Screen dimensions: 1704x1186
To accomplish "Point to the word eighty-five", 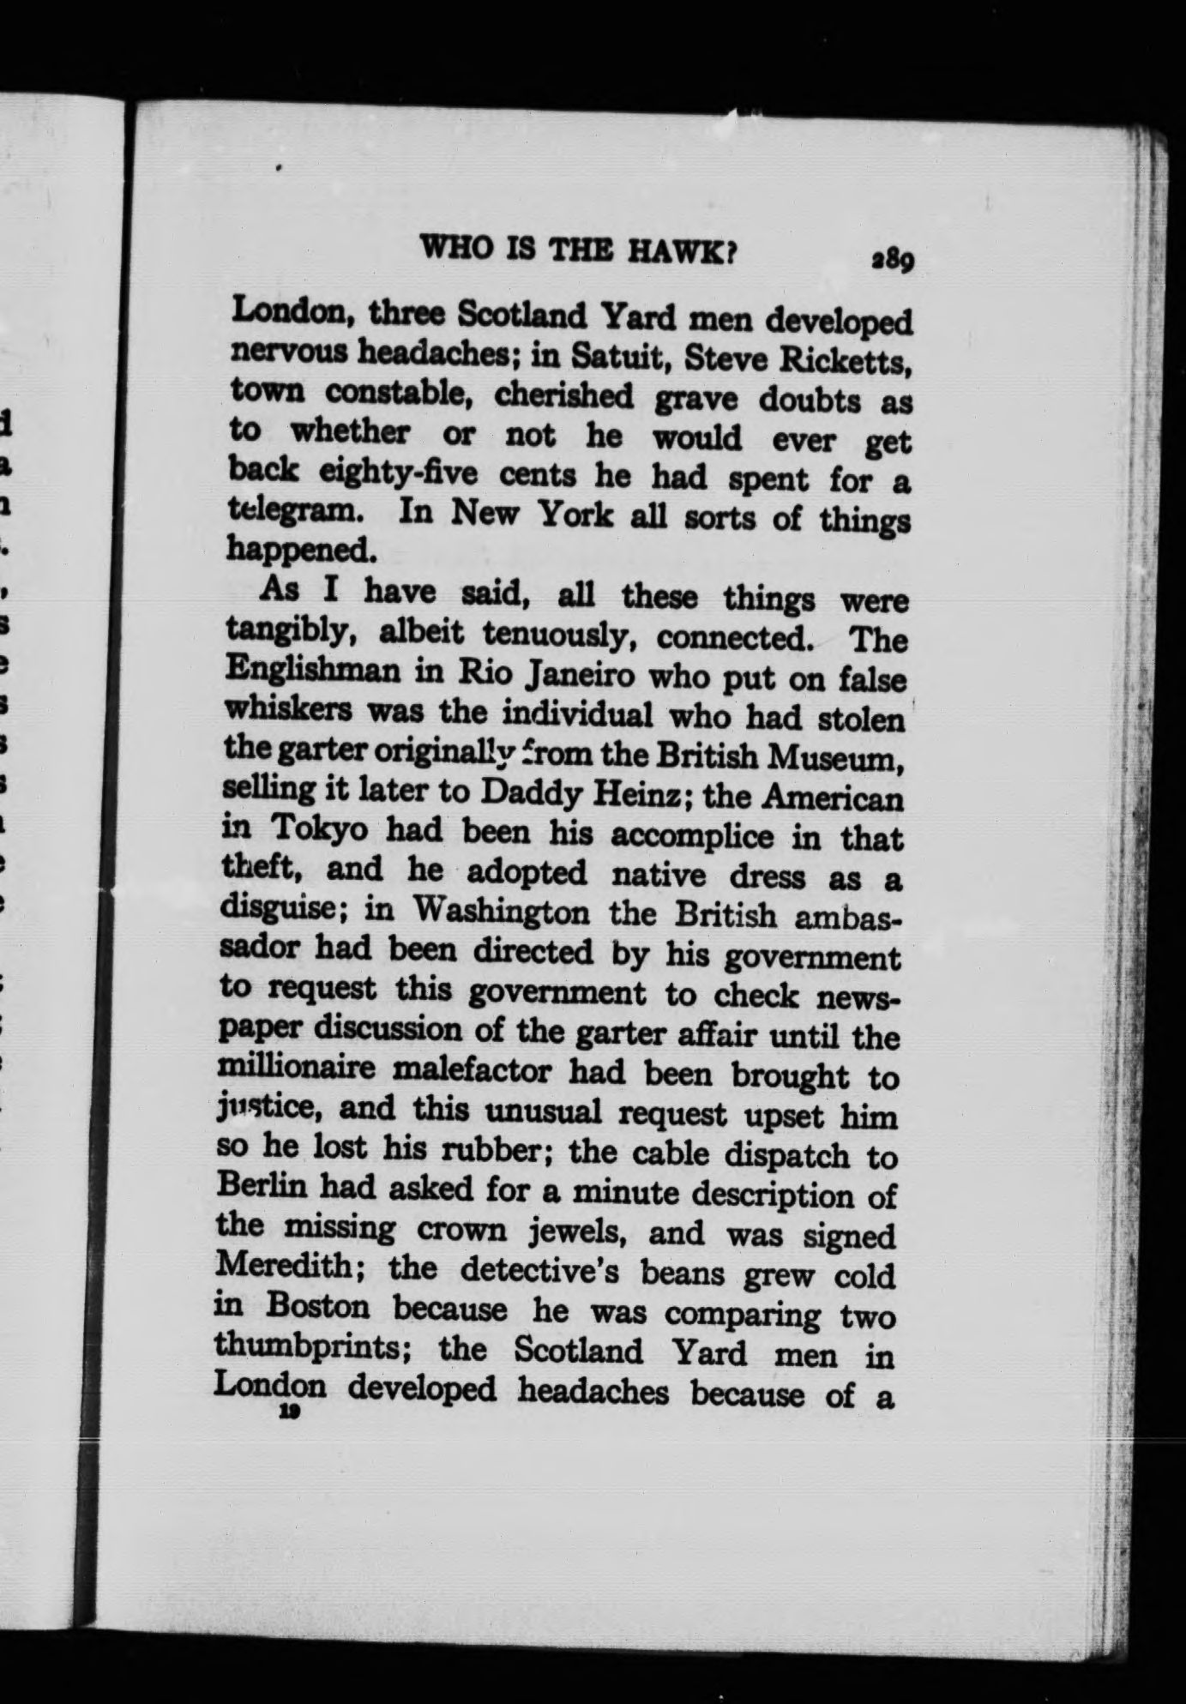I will [397, 473].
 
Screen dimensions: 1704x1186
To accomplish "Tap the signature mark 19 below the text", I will [287, 1414].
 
